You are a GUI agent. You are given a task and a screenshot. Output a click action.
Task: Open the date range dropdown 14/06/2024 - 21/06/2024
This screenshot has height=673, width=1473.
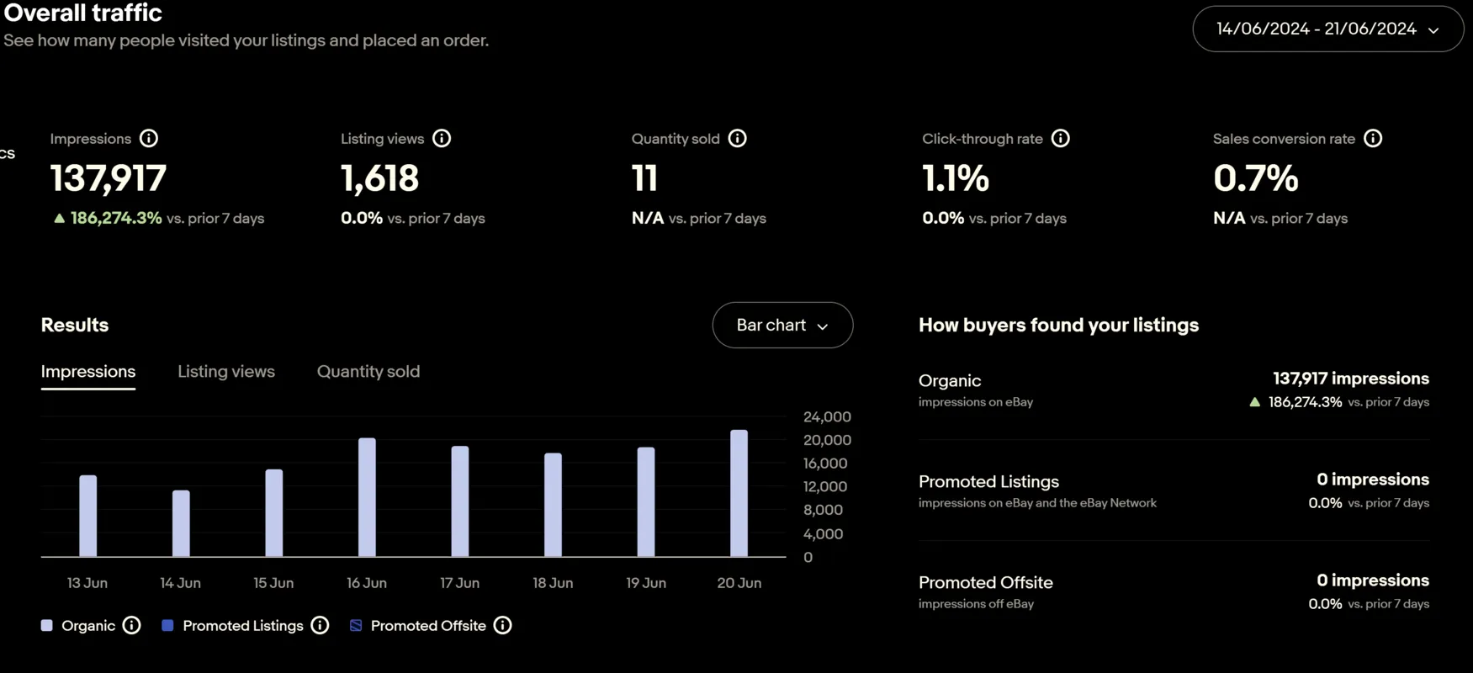[1327, 29]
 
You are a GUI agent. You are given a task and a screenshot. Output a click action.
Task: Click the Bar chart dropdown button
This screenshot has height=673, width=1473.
[782, 326]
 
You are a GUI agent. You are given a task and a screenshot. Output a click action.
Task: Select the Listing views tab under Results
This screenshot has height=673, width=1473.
[225, 372]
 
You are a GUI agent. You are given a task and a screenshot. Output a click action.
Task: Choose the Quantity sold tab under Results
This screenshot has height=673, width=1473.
[368, 372]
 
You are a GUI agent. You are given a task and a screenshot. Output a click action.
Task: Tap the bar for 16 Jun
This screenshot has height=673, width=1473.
[367, 497]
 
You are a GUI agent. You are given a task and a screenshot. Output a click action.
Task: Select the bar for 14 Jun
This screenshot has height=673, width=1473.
[181, 523]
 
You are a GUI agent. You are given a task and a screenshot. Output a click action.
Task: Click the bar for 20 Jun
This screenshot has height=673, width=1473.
[739, 494]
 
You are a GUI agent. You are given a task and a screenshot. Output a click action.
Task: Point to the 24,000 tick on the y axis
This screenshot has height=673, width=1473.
[826, 417]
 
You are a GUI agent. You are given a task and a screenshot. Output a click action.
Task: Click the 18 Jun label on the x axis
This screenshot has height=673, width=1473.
[553, 583]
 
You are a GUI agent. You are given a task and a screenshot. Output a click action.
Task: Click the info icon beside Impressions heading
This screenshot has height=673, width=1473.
[149, 139]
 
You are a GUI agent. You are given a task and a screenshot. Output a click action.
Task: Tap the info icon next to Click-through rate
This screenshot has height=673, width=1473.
[1060, 139]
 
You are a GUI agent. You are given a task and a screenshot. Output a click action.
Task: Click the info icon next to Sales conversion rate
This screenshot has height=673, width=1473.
[1372, 139]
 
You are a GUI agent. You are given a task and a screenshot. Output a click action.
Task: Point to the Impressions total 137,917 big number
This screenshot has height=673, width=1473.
[109, 178]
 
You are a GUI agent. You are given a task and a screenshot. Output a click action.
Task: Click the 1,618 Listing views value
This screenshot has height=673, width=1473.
[379, 178]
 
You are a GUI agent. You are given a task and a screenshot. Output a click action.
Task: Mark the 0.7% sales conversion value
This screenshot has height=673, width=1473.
[1255, 178]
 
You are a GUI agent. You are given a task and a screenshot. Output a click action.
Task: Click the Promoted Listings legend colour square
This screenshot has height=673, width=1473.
[167, 626]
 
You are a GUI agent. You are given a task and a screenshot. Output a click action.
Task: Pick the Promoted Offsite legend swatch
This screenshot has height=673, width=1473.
[356, 626]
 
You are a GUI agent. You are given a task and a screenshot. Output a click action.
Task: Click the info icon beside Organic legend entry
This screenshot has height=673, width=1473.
[131, 626]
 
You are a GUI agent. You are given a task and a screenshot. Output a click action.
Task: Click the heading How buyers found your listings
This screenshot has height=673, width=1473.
[1058, 326]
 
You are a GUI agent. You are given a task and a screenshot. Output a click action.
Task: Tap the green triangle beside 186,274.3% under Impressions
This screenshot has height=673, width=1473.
[59, 219]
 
